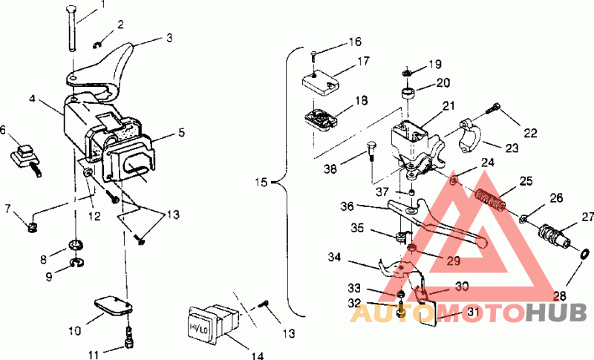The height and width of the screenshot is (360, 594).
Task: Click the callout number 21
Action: [x=448, y=106]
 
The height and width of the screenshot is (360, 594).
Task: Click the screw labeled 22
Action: [x=493, y=110]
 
